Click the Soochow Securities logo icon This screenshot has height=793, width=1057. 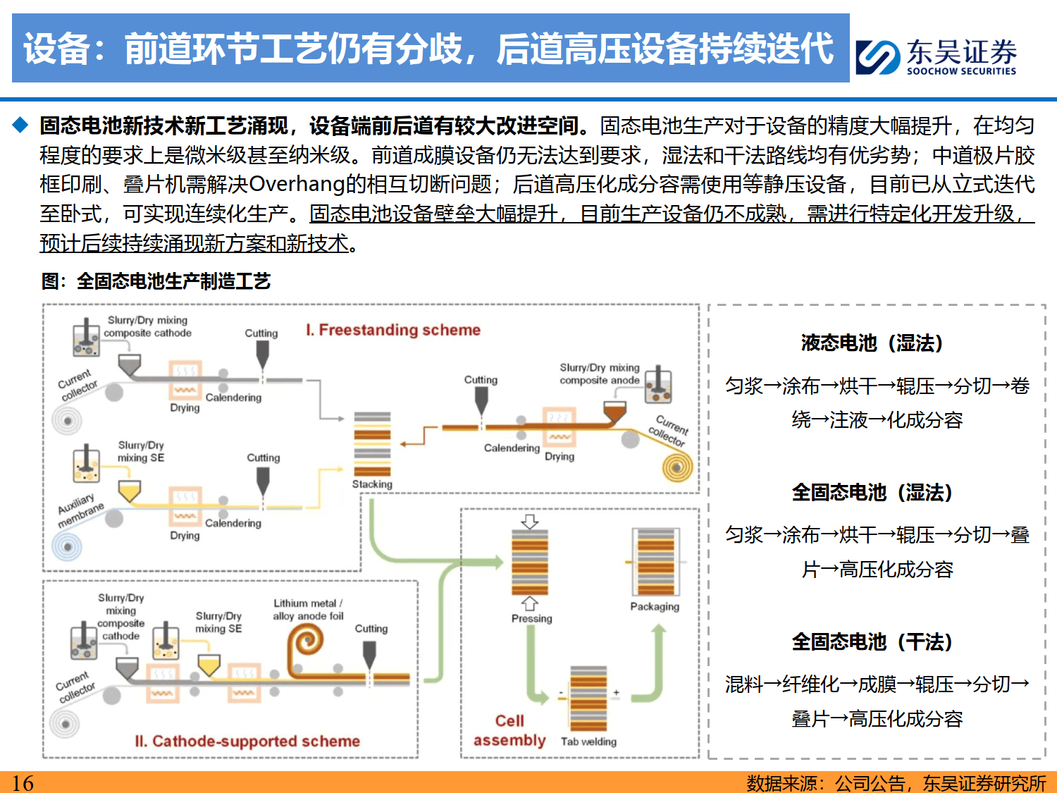coord(878,57)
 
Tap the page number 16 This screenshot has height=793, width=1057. coord(23,782)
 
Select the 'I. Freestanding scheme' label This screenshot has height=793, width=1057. coord(393,330)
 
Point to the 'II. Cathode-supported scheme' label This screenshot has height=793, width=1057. coord(247,741)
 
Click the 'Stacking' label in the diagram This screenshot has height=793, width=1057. coord(372,484)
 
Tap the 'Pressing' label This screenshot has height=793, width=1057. coord(531,618)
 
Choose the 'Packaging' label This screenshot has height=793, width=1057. coord(655,606)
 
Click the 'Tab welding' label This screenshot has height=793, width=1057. coord(588,742)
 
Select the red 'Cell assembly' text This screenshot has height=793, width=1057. coord(509,730)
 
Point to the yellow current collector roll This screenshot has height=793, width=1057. coord(677,467)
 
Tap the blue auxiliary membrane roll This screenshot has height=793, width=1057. coord(68,546)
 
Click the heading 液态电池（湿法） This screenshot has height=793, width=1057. coord(872,343)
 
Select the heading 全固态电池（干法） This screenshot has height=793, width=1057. coord(872,642)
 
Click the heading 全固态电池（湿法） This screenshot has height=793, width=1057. coord(872,493)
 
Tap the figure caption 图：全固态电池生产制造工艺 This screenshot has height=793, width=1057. coord(156,281)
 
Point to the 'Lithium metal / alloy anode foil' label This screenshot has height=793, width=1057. coord(308,610)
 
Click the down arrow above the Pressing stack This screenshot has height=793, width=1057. coord(530,522)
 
